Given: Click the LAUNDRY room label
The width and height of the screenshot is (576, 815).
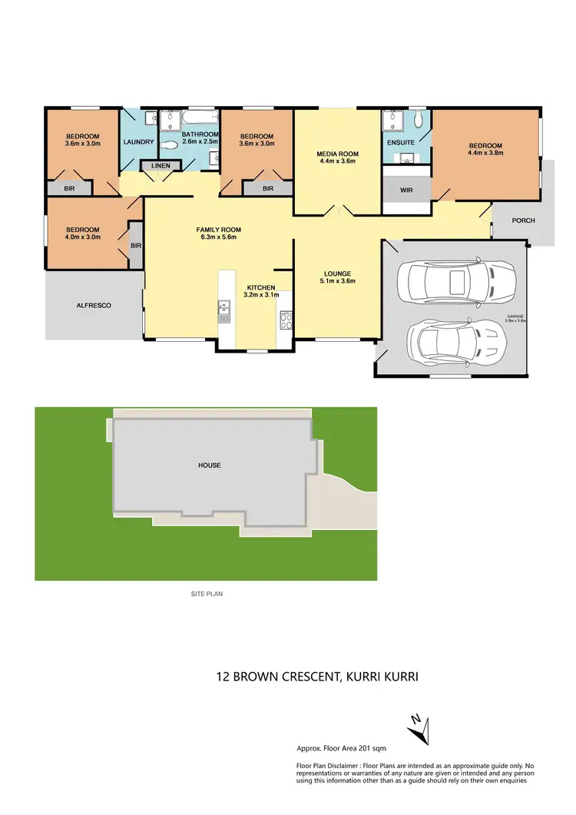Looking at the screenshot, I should click(139, 142).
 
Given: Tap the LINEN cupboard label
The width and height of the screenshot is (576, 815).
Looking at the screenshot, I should click(161, 166).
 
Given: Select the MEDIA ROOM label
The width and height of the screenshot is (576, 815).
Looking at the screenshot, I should click(337, 154).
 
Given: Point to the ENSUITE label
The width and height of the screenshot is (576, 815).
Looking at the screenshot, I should click(401, 142).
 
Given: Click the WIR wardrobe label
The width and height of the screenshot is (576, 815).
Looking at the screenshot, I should click(406, 189).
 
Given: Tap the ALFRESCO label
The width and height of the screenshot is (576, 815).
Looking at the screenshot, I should click(94, 305).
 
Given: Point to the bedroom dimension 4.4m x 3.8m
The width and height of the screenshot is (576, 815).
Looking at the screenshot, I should click(485, 154).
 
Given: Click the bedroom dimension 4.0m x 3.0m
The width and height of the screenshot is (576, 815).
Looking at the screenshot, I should click(82, 238).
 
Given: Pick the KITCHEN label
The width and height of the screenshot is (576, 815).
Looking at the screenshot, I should click(260, 287).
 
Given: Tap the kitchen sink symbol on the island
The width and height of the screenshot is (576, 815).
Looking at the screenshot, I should click(224, 313).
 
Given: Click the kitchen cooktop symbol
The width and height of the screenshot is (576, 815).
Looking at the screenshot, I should click(286, 320).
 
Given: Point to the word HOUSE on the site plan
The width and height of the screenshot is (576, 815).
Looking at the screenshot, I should click(209, 465).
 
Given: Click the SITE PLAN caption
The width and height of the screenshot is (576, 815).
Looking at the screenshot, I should click(207, 594).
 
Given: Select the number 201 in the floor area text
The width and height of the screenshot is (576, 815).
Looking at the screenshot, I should click(359, 748).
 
